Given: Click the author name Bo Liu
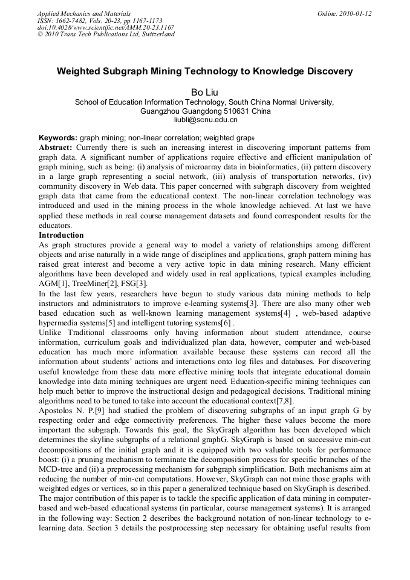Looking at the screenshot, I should point(204,92).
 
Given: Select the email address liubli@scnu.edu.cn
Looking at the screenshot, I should point(204,120).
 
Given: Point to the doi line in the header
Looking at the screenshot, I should point(106,27).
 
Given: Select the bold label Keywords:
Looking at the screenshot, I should point(58,138).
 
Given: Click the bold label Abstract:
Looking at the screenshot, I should point(56,147).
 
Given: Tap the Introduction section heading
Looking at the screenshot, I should point(61,235).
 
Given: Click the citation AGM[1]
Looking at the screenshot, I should point(52,284).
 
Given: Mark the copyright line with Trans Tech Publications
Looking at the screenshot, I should point(106,34).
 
